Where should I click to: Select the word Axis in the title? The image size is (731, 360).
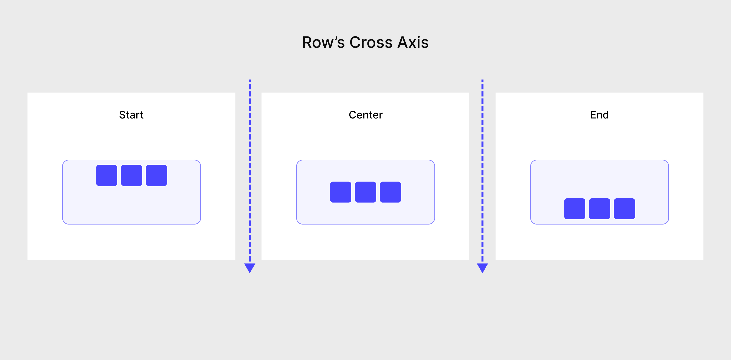pyautogui.click(x=413, y=43)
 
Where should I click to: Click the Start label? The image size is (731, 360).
pyautogui.click(x=131, y=115)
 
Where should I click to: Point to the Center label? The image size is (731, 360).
pyautogui.click(x=365, y=115)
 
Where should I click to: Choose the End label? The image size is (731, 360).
pyautogui.click(x=599, y=115)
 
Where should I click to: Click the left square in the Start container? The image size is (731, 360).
pyautogui.click(x=107, y=175)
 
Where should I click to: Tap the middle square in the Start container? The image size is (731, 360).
pyautogui.click(x=131, y=175)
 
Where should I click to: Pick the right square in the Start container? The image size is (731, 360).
pyautogui.click(x=156, y=175)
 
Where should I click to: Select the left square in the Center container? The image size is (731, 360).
pyautogui.click(x=341, y=192)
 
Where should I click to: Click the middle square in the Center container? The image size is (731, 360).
pyautogui.click(x=365, y=192)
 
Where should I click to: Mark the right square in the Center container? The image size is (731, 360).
pyautogui.click(x=390, y=192)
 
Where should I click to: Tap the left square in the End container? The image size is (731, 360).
pyautogui.click(x=575, y=209)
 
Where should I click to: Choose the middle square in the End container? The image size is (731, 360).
pyautogui.click(x=599, y=209)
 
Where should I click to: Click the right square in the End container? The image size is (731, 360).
pyautogui.click(x=624, y=209)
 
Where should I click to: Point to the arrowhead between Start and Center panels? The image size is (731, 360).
pyautogui.click(x=250, y=267)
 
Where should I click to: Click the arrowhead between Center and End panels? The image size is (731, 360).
pyautogui.click(x=482, y=267)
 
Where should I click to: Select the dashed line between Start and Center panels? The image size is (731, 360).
pyautogui.click(x=250, y=170)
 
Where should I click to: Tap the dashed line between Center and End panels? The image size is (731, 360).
pyautogui.click(x=482, y=170)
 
